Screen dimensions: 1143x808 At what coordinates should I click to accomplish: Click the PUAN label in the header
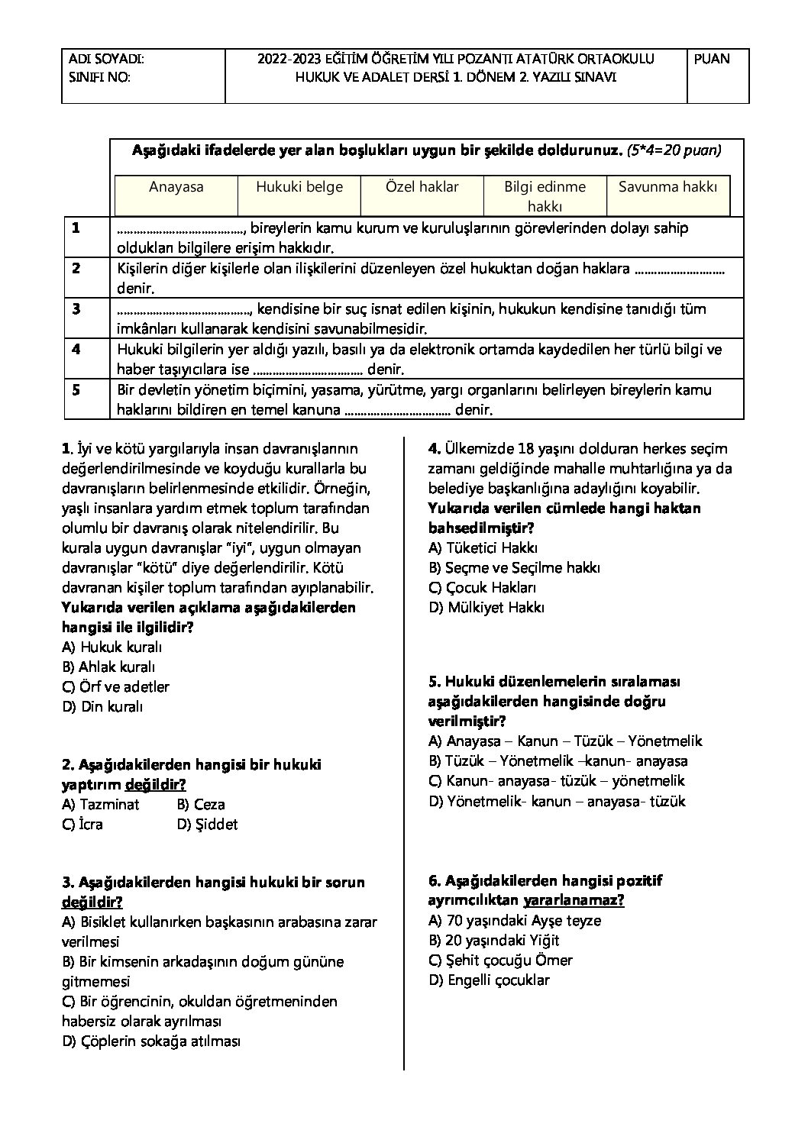pos(712,59)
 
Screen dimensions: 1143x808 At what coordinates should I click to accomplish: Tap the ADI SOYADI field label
pos(106,59)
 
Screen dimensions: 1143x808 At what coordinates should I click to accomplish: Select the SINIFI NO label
pos(99,76)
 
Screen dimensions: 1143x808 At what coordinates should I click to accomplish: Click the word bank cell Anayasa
pos(176,187)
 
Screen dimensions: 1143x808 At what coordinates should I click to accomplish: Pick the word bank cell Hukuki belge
pos(299,187)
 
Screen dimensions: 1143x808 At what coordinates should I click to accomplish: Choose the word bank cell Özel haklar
pos(422,187)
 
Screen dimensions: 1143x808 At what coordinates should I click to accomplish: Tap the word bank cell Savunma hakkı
pos(668,187)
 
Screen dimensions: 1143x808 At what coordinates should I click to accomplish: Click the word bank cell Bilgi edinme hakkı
pos(545,196)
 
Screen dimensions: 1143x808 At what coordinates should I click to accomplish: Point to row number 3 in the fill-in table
pos(76,309)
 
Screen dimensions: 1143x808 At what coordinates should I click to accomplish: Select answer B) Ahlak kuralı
pos(108,667)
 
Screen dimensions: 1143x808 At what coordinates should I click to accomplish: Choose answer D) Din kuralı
pos(102,706)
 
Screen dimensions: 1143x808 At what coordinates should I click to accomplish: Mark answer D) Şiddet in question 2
pos(207,824)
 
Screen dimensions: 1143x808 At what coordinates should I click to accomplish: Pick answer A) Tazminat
pos(101,804)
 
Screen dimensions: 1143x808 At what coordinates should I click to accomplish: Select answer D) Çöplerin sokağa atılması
pos(151,1041)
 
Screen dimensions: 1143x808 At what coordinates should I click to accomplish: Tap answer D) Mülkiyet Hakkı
pos(486,607)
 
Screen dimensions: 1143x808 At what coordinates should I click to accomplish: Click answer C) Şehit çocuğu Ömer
pos(500,960)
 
